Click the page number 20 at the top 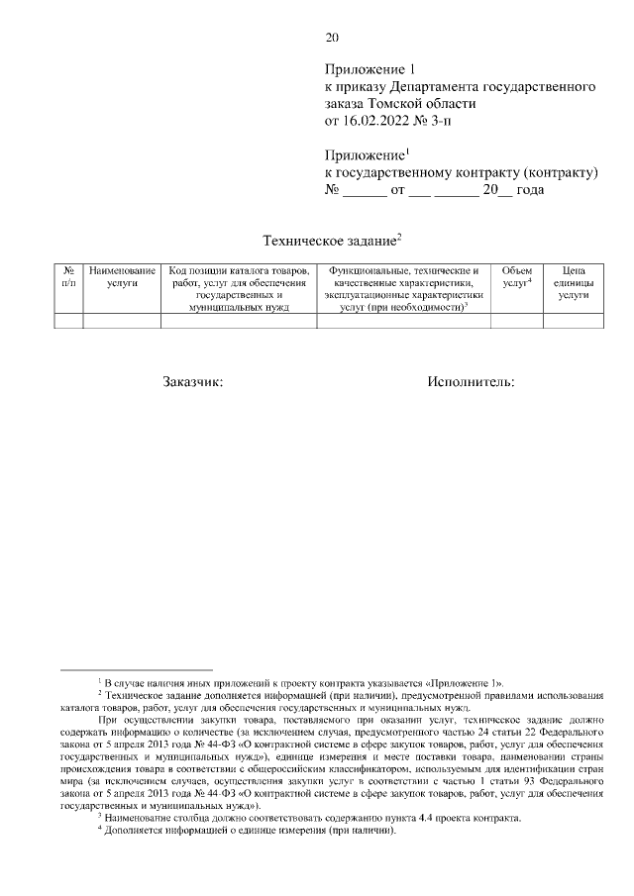click(x=332, y=39)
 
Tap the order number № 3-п click(x=439, y=121)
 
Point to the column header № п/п click(x=67, y=276)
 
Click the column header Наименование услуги click(x=121, y=276)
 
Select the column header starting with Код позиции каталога click(x=239, y=288)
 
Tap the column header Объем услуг click(x=516, y=276)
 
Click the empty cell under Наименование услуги click(x=121, y=320)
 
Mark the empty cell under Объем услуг click(x=516, y=320)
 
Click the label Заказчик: click(x=194, y=381)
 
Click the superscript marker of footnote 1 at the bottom click(x=99, y=680)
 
